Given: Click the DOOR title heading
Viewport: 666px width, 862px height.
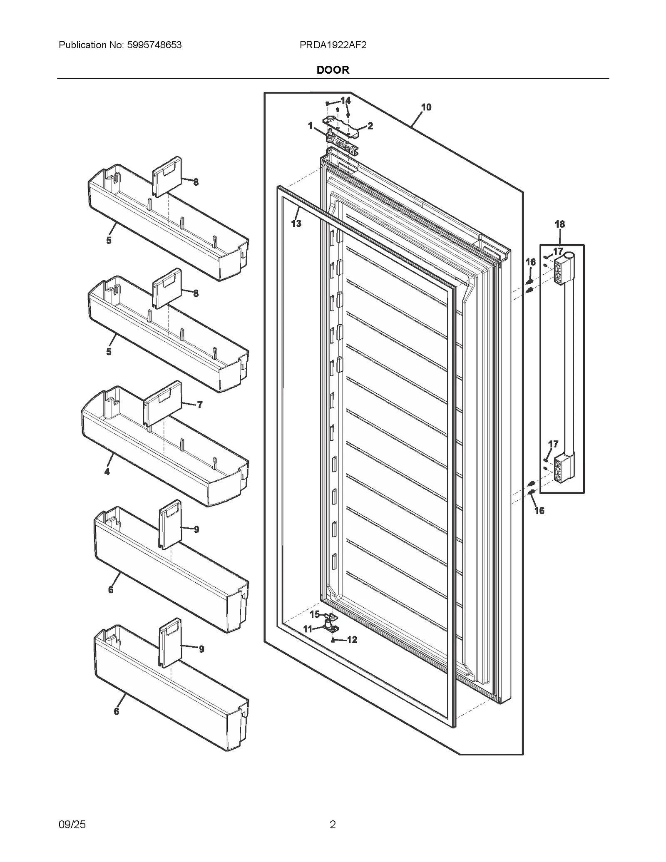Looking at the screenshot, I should [333, 70].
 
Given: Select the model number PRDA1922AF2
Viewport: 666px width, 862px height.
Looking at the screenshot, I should [333, 45].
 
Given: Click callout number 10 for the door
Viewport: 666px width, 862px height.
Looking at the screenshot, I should [426, 107].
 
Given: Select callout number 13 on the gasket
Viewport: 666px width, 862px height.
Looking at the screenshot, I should [296, 224].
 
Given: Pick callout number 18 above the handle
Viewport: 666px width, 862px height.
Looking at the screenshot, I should [559, 224].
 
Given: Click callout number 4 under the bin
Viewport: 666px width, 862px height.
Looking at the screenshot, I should [107, 472].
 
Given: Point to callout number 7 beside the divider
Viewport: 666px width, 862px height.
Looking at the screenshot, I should [199, 405].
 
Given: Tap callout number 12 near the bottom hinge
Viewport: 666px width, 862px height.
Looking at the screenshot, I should [352, 640].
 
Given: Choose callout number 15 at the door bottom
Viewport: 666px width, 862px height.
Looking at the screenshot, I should [315, 614].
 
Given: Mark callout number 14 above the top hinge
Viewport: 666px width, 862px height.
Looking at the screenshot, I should [345, 101].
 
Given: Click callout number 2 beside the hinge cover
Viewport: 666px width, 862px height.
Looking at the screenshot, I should [370, 126].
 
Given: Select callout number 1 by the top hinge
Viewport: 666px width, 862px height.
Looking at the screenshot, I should [310, 126].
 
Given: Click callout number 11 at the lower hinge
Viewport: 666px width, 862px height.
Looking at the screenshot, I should [308, 629].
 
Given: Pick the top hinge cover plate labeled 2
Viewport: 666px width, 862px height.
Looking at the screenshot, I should [341, 127].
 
